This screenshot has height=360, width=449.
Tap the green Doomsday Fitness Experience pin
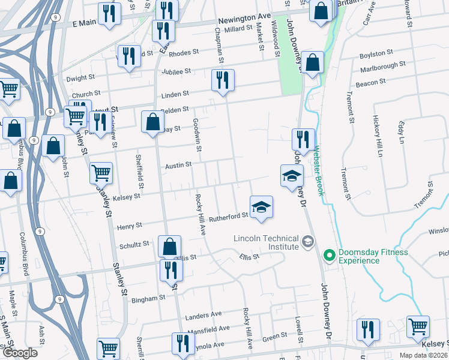tap(329, 256)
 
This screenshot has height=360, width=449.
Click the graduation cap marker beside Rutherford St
tap(261, 208)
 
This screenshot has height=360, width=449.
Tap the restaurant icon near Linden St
tap(223, 80)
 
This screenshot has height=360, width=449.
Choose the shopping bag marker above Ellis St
tap(169, 247)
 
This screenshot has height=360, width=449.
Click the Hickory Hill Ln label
tap(378, 136)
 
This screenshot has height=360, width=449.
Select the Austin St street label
tap(178, 164)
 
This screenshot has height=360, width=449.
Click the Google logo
tap(19, 353)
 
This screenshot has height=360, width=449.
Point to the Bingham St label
tap(149, 298)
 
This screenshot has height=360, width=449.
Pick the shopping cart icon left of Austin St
tap(101, 173)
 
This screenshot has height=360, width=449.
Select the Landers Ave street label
tap(204, 314)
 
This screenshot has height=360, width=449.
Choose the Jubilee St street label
tap(176, 71)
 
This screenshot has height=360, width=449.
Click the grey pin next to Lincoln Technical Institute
tap(308, 242)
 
